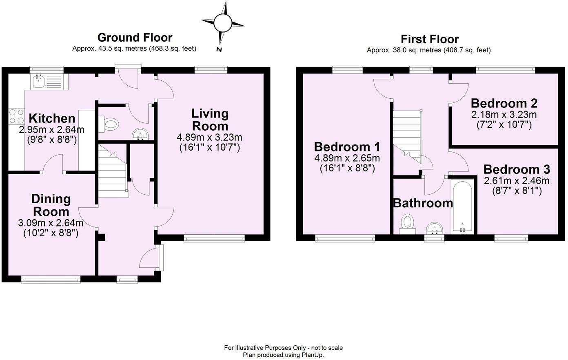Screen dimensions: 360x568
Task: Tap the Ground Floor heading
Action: click(x=135, y=38)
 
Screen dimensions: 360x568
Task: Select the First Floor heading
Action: click(x=429, y=39)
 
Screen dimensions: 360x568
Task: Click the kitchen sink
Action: click(x=40, y=82)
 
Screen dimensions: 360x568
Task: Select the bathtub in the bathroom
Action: click(x=462, y=206)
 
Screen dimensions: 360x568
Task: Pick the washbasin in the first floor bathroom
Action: click(x=433, y=229)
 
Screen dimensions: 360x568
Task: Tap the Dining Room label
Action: click(x=51, y=205)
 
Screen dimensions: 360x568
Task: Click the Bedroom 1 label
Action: click(x=347, y=147)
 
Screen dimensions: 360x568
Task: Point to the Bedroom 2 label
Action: click(x=504, y=103)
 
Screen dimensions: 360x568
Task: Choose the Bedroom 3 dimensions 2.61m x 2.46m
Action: click(x=516, y=181)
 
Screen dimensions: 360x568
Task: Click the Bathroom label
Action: click(x=422, y=203)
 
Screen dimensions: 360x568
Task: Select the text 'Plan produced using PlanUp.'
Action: click(x=283, y=355)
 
